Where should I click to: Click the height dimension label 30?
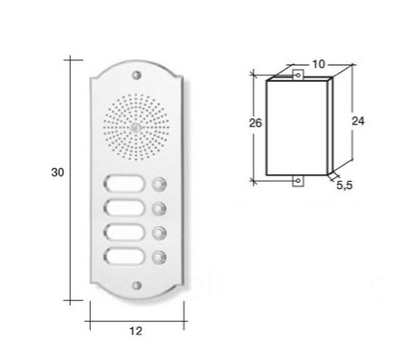(57, 173)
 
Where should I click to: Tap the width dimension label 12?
(135, 331)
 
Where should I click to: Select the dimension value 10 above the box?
(318, 64)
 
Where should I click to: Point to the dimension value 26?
(255, 123)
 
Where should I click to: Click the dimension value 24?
(358, 121)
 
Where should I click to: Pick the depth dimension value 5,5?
(344, 185)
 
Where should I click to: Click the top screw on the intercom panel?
(137, 75)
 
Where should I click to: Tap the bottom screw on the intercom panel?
(137, 285)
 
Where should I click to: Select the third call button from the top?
(159, 234)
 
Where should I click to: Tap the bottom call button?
(159, 257)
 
